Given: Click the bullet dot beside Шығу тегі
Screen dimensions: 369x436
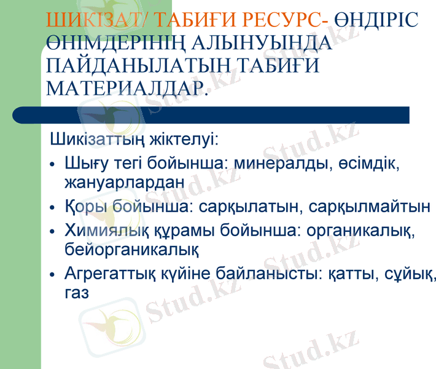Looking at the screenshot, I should coord(53,165).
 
